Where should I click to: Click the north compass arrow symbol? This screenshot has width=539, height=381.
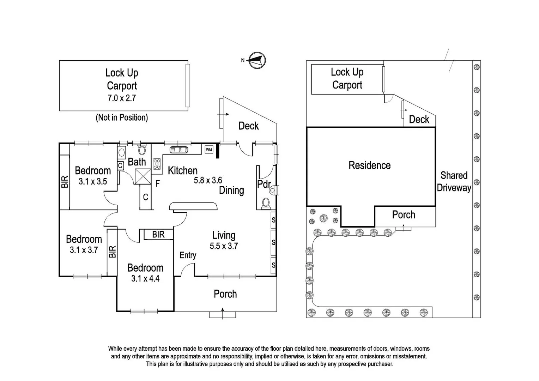[x=257, y=60]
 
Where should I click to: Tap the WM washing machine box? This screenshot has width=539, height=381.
[x=209, y=150]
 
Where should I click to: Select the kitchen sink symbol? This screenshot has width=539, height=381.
[x=179, y=150]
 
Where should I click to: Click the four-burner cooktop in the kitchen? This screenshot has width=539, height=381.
[x=157, y=164]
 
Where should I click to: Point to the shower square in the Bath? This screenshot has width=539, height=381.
[x=143, y=176]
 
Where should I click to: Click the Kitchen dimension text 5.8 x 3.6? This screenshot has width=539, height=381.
[x=208, y=181]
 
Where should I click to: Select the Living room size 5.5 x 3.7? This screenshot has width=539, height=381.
[x=224, y=246]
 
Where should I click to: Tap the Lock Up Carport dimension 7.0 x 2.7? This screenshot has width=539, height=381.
[x=122, y=98]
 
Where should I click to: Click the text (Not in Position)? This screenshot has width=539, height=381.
[x=122, y=117]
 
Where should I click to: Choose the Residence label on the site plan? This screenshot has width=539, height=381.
[x=369, y=165]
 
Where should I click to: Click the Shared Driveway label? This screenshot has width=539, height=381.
[x=454, y=181]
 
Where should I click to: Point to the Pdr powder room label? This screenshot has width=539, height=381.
[x=264, y=184]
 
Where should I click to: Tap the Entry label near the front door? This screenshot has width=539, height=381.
[x=188, y=255]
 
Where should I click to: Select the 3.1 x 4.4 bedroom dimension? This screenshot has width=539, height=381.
[x=145, y=279]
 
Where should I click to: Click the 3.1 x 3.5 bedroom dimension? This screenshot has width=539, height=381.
[x=92, y=182]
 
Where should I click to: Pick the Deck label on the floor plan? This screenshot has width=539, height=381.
[x=248, y=126]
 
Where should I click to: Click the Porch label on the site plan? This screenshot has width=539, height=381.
[x=404, y=214]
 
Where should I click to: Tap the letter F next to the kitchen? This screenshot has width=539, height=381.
[x=158, y=183]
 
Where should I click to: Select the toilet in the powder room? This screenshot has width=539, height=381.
[x=266, y=203]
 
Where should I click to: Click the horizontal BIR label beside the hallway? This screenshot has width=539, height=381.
[x=158, y=234]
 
